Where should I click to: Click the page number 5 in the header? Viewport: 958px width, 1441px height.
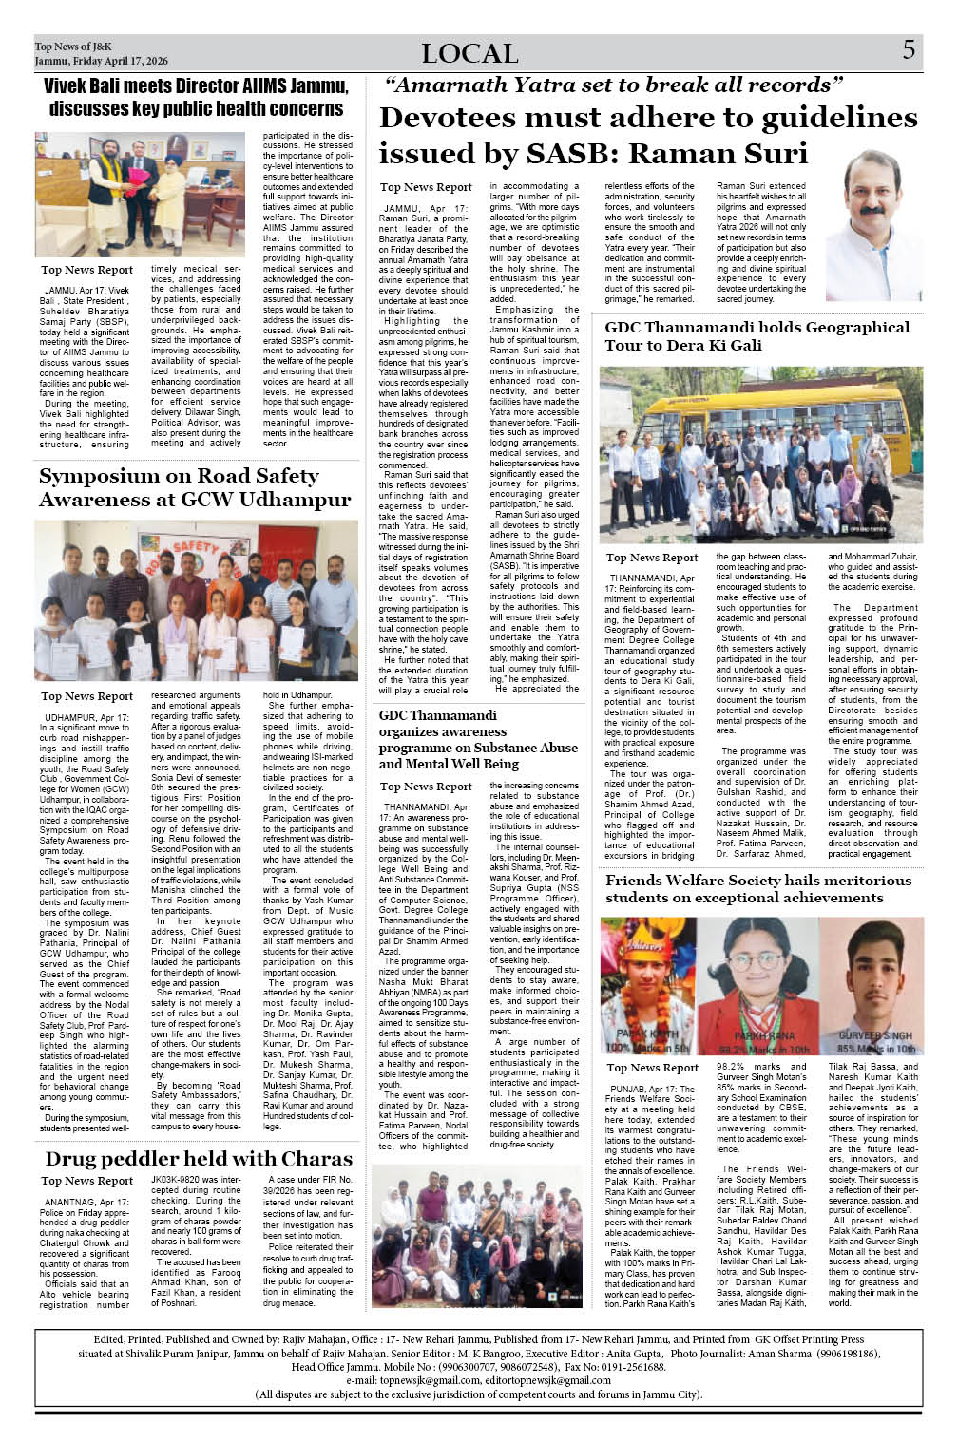pos(909,50)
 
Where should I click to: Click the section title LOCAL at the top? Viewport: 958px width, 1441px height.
pos(469,54)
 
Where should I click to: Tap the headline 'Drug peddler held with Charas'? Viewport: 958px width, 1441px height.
pos(199,1159)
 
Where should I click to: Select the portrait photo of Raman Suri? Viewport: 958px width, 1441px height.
pos(873,225)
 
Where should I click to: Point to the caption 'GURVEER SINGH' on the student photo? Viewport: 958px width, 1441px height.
pos(875,1035)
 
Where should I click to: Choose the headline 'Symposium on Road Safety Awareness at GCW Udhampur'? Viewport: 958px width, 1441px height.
pos(195,487)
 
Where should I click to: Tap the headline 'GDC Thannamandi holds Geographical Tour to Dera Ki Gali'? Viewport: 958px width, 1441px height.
pos(757,336)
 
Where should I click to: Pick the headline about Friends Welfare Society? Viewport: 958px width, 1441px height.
pos(758,888)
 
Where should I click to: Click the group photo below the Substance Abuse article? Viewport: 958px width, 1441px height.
pos(476,1234)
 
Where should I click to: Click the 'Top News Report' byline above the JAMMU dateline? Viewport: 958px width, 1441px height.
pos(426,188)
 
